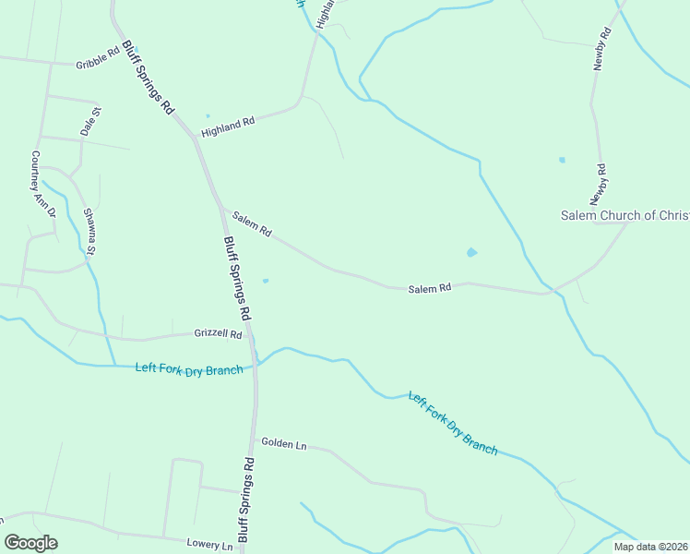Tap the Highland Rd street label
227,126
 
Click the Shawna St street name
89,230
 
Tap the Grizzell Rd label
218,333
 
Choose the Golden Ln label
283,444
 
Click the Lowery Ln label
209,545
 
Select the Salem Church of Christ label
625,215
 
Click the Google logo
30,543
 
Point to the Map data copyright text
649,547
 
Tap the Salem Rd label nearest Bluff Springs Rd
251,224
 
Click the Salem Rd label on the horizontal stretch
429,289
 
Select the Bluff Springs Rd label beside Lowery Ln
245,499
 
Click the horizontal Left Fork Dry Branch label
189,368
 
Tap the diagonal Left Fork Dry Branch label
453,425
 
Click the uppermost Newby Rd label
603,50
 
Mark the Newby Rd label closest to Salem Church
600,185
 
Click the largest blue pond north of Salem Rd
472,251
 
